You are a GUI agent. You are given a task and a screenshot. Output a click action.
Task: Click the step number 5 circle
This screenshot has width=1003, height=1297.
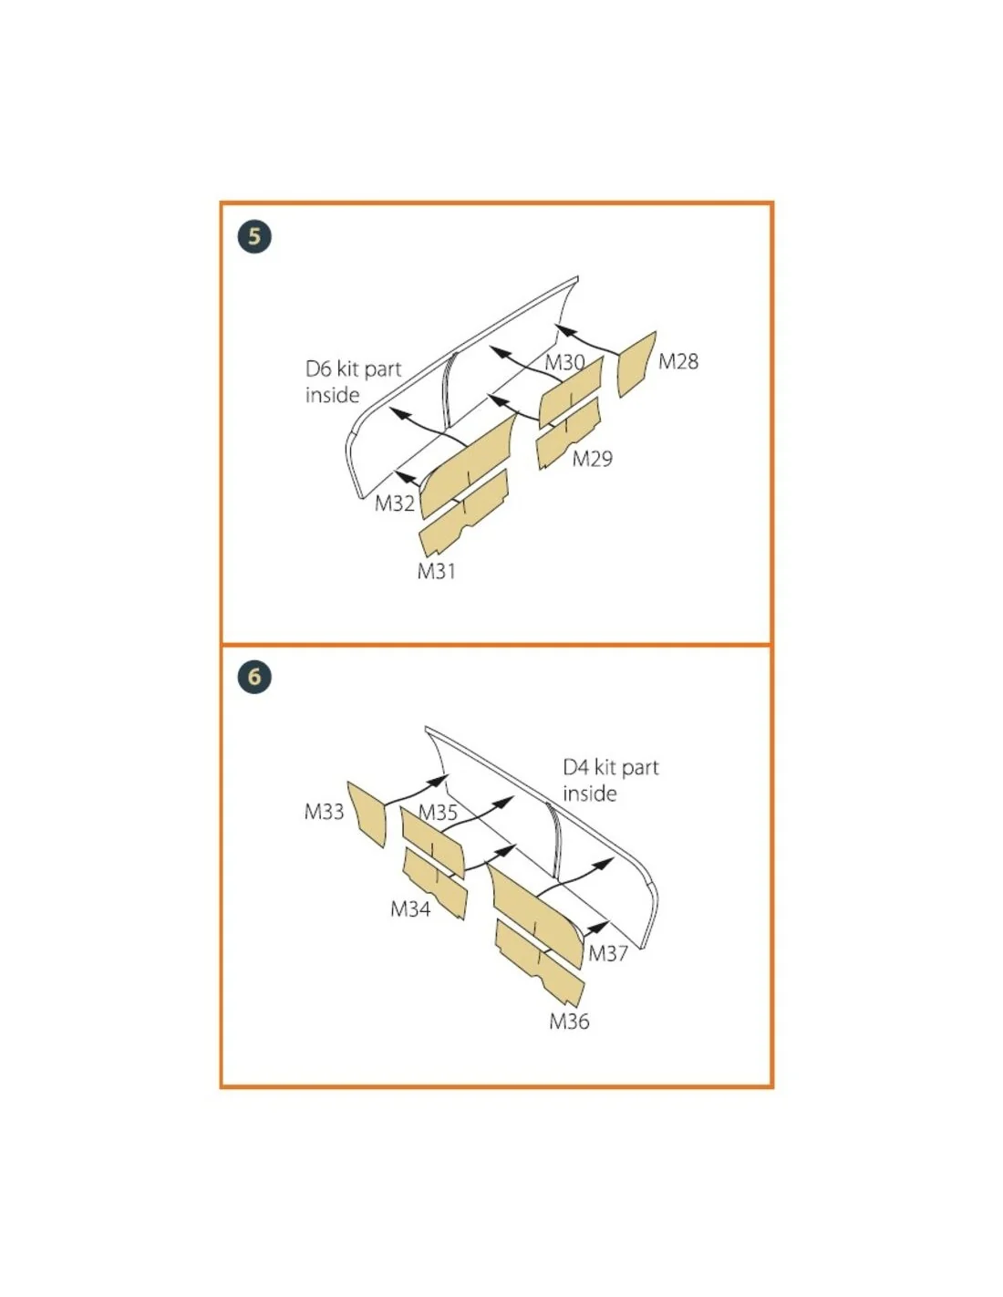(x=254, y=236)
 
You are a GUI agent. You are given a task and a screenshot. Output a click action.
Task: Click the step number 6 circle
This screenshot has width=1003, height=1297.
(x=254, y=677)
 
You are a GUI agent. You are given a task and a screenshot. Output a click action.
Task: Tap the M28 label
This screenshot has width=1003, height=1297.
(x=677, y=361)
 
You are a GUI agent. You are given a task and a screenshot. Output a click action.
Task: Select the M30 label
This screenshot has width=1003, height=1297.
(x=564, y=362)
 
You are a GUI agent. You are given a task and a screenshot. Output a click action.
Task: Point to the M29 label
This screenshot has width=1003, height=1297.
(x=592, y=459)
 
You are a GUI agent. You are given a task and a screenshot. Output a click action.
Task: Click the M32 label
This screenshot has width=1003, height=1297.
(x=394, y=503)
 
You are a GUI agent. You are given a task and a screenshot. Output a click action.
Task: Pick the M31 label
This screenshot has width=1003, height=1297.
(x=436, y=571)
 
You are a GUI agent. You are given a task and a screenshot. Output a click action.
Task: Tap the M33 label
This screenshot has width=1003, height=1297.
(x=324, y=812)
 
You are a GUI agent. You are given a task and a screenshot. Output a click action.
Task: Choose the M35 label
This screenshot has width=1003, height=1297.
(x=438, y=812)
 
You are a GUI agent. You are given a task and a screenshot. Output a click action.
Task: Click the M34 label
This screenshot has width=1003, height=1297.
(x=410, y=909)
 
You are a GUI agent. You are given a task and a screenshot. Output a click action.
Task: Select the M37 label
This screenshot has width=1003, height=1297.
(x=607, y=954)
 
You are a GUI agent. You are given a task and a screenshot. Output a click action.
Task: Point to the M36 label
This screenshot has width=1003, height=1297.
(x=569, y=1022)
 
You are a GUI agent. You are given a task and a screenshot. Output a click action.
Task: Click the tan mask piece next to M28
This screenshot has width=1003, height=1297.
(x=636, y=364)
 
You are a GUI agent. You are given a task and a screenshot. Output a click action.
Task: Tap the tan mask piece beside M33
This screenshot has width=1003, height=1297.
(x=367, y=815)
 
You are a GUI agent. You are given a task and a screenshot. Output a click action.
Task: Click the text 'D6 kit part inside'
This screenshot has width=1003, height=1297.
(x=353, y=382)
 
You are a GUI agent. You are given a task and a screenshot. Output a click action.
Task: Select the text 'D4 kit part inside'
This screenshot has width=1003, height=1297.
(x=610, y=780)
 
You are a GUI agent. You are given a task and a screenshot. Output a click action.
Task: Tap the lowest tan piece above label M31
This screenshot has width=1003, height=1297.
(x=463, y=514)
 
